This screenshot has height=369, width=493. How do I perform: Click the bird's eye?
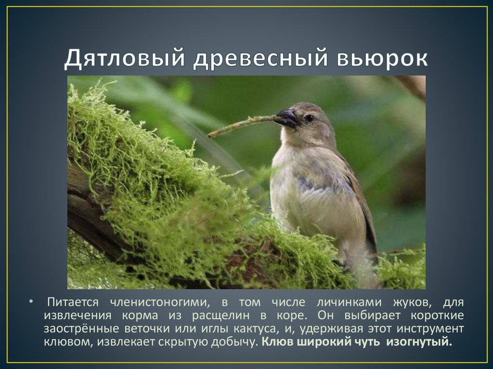pyautogui.click(x=309, y=118)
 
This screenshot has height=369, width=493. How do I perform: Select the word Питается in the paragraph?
pyautogui.click(x=73, y=303)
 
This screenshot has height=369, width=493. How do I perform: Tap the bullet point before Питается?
pyautogui.click(x=32, y=303)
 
